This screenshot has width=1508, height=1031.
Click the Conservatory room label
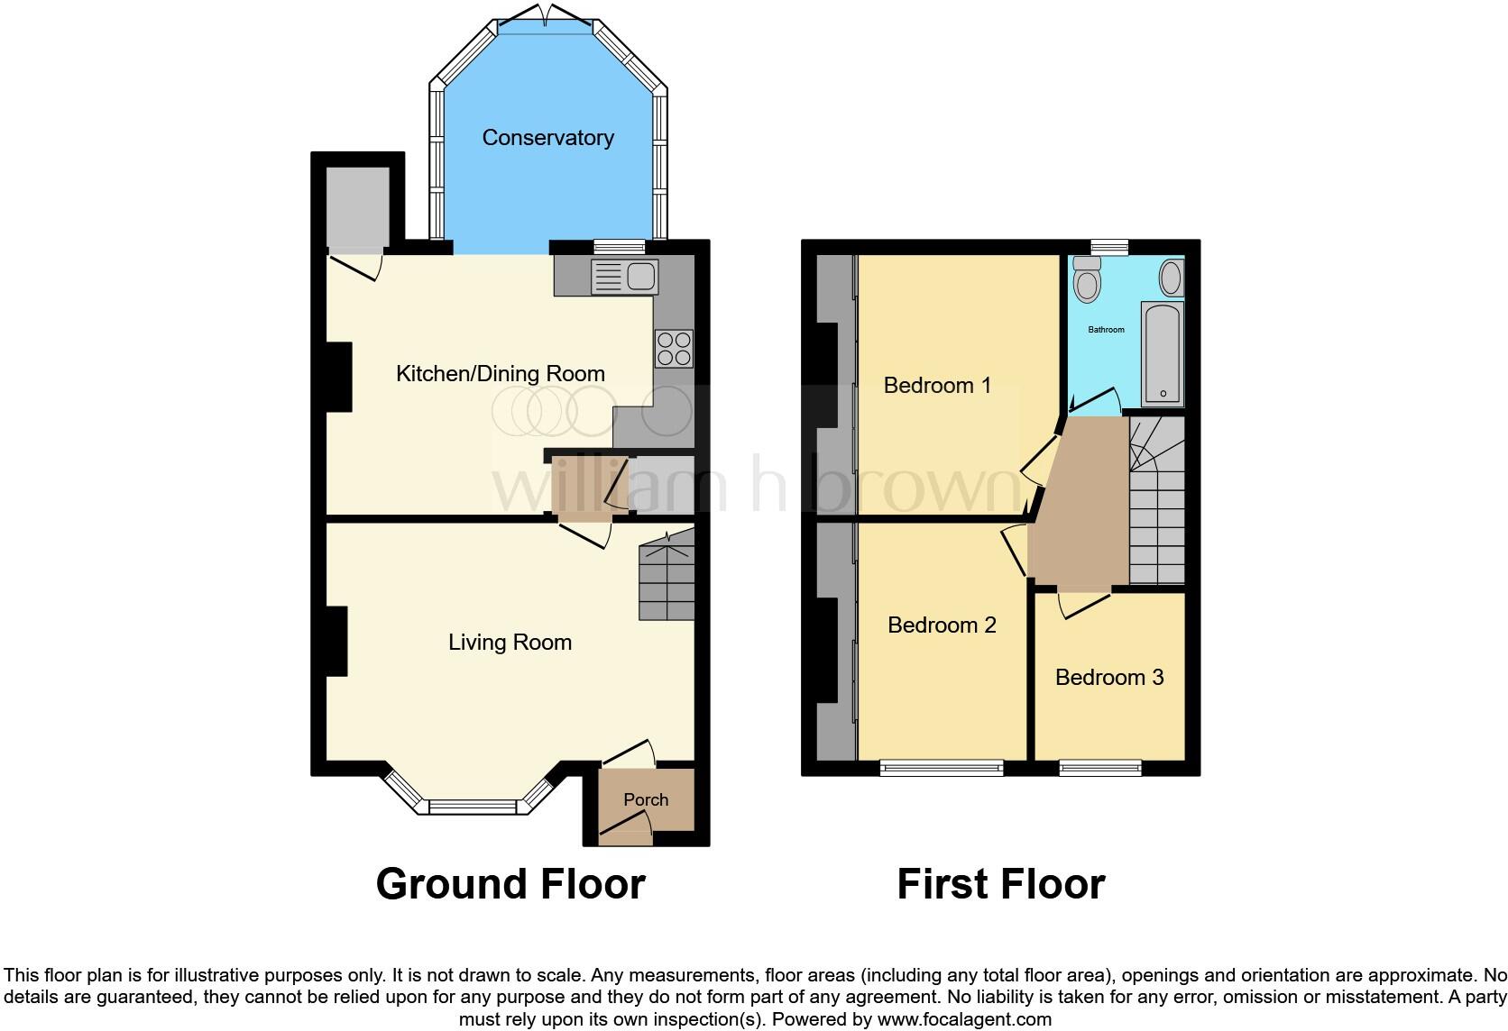coord(547,138)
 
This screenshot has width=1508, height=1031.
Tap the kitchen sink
coord(624,277)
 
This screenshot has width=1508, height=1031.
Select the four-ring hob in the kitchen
coord(674,349)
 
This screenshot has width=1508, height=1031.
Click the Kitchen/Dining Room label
coord(501,374)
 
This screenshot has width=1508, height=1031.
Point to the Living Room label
coord(510,643)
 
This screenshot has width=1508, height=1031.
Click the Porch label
coord(646,800)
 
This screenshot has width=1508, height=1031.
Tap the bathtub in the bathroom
coord(1163,353)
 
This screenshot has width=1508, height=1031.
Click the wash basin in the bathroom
coord(1171,278)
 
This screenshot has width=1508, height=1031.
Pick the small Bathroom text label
coord(1106,330)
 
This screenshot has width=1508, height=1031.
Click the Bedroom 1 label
coord(937,386)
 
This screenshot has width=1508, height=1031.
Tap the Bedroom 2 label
coord(942,625)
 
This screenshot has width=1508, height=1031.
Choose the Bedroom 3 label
coord(1109,678)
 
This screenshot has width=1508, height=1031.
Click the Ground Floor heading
coord(510,884)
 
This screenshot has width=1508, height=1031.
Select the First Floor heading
coord(1000,884)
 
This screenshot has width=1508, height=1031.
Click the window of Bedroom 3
coord(1100,768)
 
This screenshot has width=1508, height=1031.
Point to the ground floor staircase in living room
coord(667,581)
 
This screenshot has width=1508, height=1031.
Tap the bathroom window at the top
coord(1109,246)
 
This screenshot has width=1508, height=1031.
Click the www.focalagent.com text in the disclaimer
coord(964,1020)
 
